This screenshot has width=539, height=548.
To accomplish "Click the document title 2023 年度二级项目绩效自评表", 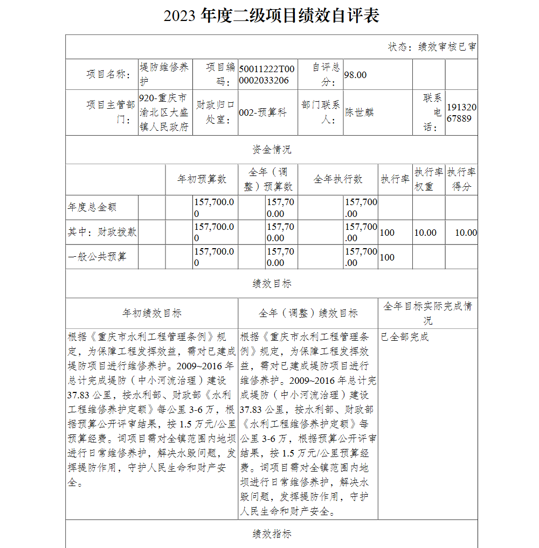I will pyautogui.click(x=271, y=16).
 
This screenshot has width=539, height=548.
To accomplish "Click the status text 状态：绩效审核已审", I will pyautogui.click(x=432, y=47).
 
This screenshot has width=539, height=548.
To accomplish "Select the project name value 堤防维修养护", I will pyautogui.click(x=164, y=74).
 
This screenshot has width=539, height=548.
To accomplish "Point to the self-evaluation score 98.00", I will pyautogui.click(x=355, y=75).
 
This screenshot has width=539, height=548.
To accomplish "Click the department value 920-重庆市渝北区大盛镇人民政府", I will pyautogui.click(x=164, y=113).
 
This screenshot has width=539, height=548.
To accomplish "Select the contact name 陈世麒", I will pyautogui.click(x=359, y=113).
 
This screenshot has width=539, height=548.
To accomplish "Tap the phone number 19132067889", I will pyautogui.click(x=462, y=113).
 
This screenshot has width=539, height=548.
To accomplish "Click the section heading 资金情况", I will pyautogui.click(x=272, y=150).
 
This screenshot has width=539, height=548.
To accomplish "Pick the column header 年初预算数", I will pyautogui.click(x=202, y=179).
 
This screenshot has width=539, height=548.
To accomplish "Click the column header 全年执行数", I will pyautogui.click(x=338, y=179).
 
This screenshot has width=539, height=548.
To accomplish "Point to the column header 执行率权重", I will pyautogui.click(x=429, y=179).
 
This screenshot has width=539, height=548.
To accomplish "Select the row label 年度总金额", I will pyautogui.click(x=92, y=207).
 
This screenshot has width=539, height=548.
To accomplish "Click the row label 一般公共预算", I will pyautogui.click(x=97, y=257).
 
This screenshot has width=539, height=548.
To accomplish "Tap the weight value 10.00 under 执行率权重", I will pyautogui.click(x=425, y=233).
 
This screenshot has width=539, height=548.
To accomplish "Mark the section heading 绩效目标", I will pyautogui.click(x=272, y=284).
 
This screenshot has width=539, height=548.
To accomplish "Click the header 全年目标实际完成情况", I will pyautogui.click(x=427, y=313).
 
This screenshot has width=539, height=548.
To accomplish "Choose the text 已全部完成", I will pyautogui.click(x=405, y=338).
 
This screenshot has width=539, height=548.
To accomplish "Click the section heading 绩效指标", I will pyautogui.click(x=272, y=534).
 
